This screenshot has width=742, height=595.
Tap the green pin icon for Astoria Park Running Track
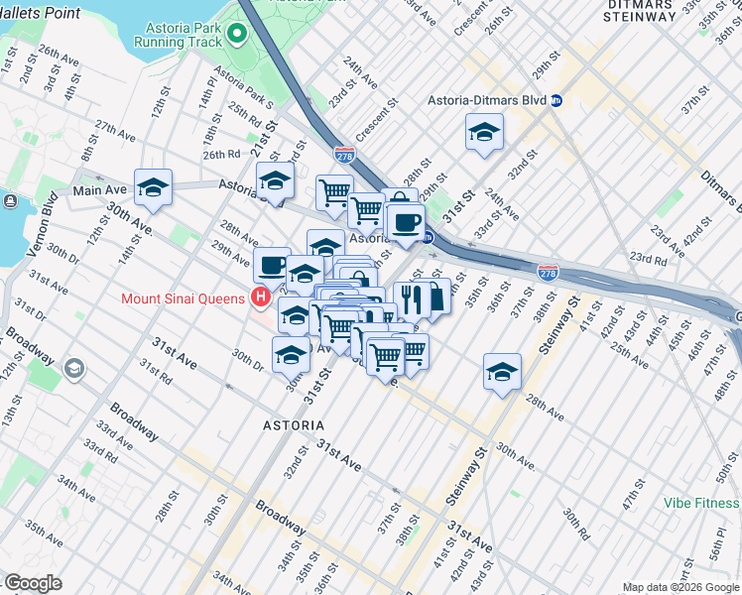click(x=236, y=35)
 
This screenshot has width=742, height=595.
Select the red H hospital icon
click(x=261, y=297)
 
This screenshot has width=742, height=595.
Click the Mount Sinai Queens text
click(x=185, y=297)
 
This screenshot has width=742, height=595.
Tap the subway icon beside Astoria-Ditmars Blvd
click(x=557, y=101)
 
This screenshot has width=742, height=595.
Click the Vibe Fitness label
click(x=702, y=503)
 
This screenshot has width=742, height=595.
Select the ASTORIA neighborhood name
click(x=292, y=424)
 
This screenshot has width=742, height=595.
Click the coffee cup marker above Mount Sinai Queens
click(x=272, y=265)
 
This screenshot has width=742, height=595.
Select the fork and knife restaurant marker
click(x=412, y=297)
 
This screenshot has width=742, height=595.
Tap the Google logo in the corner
click(x=34, y=583)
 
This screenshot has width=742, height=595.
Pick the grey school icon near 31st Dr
click(x=73, y=369)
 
